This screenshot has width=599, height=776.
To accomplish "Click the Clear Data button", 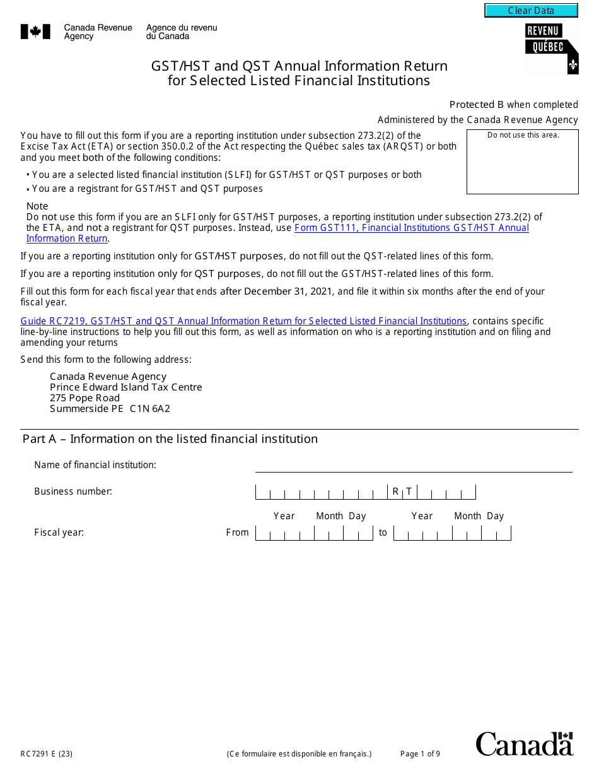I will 531,11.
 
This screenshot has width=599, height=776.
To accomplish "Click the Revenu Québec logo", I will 551,48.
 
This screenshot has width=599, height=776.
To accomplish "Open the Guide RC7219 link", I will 243,321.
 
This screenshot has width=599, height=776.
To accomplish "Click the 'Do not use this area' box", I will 522,162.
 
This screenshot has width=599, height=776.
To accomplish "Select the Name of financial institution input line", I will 413,465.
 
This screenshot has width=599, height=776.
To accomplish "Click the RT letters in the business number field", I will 402,491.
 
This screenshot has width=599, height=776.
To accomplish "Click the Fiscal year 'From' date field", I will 313,533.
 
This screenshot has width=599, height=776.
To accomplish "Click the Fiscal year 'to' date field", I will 451,533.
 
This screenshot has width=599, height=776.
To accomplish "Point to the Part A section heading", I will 170,439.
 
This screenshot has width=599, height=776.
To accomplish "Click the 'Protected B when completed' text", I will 513,105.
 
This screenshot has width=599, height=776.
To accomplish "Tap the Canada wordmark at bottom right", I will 524,744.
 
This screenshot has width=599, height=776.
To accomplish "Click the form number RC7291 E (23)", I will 46,754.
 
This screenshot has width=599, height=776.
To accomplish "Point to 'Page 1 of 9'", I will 420,754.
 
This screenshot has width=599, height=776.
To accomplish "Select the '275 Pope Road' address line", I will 84,398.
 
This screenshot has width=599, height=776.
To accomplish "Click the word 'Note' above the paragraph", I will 37,206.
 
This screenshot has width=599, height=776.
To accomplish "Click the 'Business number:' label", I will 73,491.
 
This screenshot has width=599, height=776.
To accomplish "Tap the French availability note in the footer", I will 299,754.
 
